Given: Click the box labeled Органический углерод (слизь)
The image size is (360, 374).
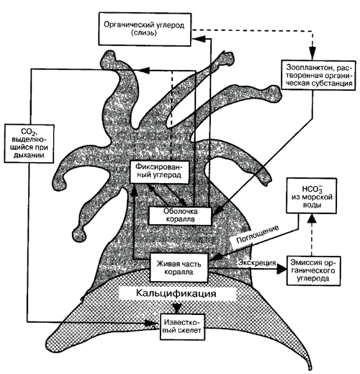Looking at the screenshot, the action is coord(145,29).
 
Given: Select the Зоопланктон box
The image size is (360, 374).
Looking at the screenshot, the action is coord(318,75).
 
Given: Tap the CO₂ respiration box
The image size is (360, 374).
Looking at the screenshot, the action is coord(29,143).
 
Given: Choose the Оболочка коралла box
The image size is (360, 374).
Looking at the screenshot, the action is coord(180,215).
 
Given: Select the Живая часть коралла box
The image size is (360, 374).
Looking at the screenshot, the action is coord(179,267).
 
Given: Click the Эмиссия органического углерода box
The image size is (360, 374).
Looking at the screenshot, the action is coord(313,271).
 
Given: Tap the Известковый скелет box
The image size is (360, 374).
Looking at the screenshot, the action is coord(182,326).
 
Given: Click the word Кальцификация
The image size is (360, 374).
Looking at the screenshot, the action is coord(176,293).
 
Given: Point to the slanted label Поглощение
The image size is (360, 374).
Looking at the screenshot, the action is coord(257,234).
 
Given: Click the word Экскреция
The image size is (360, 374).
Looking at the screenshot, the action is coord(257,263).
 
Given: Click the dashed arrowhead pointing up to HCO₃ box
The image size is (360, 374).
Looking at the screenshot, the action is coord(312,218).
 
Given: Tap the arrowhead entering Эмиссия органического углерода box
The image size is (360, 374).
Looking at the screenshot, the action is coord(282,269).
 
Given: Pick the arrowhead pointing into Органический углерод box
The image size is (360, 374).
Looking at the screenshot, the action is coord(198,38).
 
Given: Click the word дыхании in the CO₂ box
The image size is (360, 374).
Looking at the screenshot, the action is coord(29,155).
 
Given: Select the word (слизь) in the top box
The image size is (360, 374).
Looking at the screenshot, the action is coord(144,33).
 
